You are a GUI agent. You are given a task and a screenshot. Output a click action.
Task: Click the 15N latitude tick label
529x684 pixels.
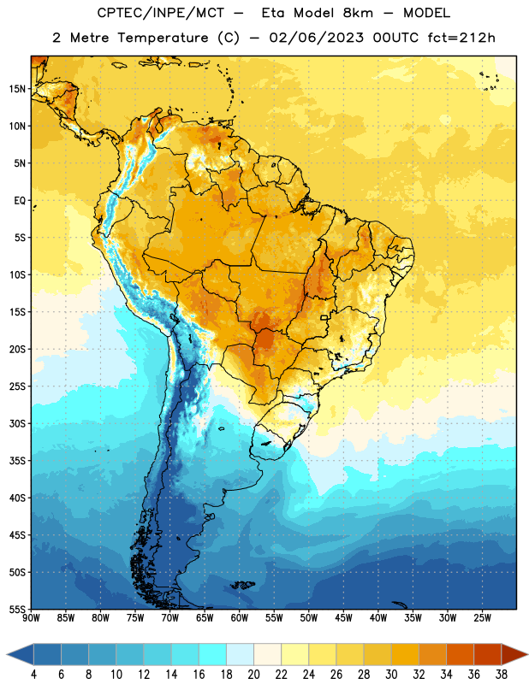coord(17,89)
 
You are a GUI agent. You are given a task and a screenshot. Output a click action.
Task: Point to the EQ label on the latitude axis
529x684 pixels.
coord(20,201)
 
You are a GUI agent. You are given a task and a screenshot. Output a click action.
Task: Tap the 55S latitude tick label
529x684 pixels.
coord(17,609)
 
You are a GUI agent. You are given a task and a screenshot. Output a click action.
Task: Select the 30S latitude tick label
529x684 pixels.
coord(17,423)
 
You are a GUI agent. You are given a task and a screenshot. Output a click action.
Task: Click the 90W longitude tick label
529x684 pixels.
coord(31,618)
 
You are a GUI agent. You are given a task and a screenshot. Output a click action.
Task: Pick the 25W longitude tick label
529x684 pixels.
coord(482,618)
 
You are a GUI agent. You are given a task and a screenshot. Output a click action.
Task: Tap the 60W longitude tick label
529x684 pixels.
coord(240,618)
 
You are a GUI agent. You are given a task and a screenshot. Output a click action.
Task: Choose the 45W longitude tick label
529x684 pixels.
coord(343,618)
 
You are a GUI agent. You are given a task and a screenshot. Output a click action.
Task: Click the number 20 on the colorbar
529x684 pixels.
coord(253,675)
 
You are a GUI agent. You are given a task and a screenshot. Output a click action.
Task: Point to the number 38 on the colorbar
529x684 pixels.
coord(502,675)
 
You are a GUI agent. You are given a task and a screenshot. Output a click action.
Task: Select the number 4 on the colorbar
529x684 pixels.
coord(33,675)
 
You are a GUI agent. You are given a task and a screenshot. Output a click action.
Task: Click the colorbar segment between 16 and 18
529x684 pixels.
coord(212,654)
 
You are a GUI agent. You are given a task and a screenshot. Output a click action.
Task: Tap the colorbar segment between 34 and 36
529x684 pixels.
coord(460,654)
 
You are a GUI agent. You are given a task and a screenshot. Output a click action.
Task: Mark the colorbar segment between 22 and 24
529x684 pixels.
coord(294,654)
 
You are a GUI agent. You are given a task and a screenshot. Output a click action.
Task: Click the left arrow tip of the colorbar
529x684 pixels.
coord(7,654)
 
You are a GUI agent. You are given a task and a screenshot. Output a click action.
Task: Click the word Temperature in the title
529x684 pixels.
coord(163,38)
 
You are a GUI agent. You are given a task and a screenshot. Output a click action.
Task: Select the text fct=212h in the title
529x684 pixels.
coord(461,38)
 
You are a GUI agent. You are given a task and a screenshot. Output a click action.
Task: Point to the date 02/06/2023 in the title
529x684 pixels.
coord(316,38)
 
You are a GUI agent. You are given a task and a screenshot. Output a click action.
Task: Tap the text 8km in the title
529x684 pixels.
coord(358,13)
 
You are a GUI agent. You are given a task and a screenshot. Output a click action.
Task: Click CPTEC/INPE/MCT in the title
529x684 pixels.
coord(161,13)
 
